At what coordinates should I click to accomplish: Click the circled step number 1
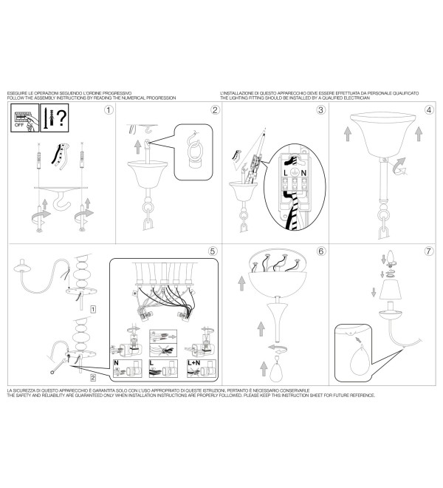coord(109,110)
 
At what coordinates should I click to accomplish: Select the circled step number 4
coord(429,110)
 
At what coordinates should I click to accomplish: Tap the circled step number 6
coord(321,251)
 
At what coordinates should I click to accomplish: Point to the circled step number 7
coord(429,251)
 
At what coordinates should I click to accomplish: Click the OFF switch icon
coord(25,118)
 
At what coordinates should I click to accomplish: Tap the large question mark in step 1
coord(62,118)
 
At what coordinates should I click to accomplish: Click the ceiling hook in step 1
coord(61,201)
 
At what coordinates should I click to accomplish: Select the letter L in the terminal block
coord(286,173)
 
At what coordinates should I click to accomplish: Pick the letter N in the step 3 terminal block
coord(303,173)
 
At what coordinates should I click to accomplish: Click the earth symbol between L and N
coord(295,173)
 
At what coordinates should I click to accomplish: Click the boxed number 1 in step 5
coord(93,309)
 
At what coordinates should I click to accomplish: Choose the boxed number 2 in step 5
coord(93,378)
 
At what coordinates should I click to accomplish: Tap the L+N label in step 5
coord(194,363)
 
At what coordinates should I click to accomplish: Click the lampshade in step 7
coord(390,289)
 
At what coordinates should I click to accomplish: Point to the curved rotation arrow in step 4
coord(399,166)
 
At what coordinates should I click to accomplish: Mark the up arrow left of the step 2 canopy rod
coord(138,146)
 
